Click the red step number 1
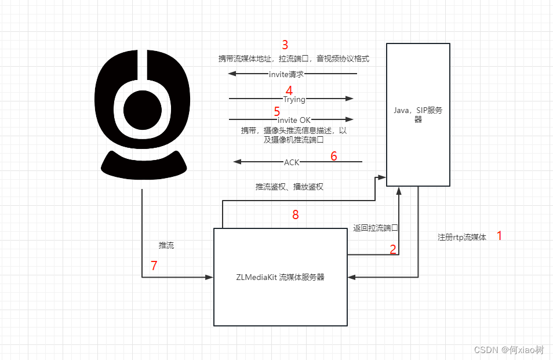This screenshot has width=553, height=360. (499, 236)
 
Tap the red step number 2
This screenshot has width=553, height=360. (393, 249)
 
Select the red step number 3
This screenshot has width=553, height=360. (285, 45)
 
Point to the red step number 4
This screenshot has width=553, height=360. (289, 90)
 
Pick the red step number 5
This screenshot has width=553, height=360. (276, 111)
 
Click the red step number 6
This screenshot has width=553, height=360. (333, 156)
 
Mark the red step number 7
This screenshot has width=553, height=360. (154, 266)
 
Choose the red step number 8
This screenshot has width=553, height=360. (296, 215)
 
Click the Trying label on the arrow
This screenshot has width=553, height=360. (294, 99)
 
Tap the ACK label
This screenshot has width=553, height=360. (292, 162)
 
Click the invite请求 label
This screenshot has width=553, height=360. (286, 74)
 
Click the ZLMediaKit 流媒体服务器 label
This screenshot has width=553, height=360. (280, 277)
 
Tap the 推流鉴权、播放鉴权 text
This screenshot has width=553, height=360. (289, 187)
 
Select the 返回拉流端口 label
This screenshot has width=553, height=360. (376, 228)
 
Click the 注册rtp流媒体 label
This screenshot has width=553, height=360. (462, 238)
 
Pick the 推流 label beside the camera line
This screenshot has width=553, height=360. (166, 245)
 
